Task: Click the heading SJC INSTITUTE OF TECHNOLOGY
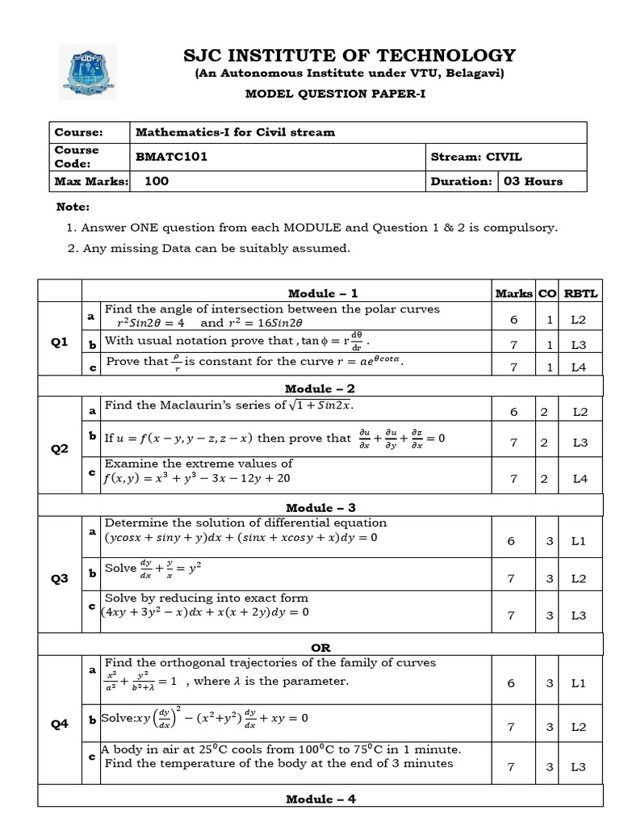pyautogui.click(x=350, y=55)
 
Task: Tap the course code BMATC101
pyautogui.click(x=171, y=157)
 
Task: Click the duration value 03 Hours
pyautogui.click(x=533, y=181)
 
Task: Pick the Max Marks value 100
pyautogui.click(x=157, y=181)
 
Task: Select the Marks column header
pyautogui.click(x=513, y=293)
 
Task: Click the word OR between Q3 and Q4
pyautogui.click(x=321, y=648)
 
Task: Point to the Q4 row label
pyautogui.click(x=60, y=724)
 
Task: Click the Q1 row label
pyautogui.click(x=60, y=342)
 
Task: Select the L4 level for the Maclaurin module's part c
pyautogui.click(x=580, y=479)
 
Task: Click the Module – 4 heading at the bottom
pyautogui.click(x=321, y=799)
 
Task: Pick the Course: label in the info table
pyautogui.click(x=78, y=132)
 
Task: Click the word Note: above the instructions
pyautogui.click(x=72, y=208)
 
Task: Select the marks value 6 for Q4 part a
pyautogui.click(x=510, y=683)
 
